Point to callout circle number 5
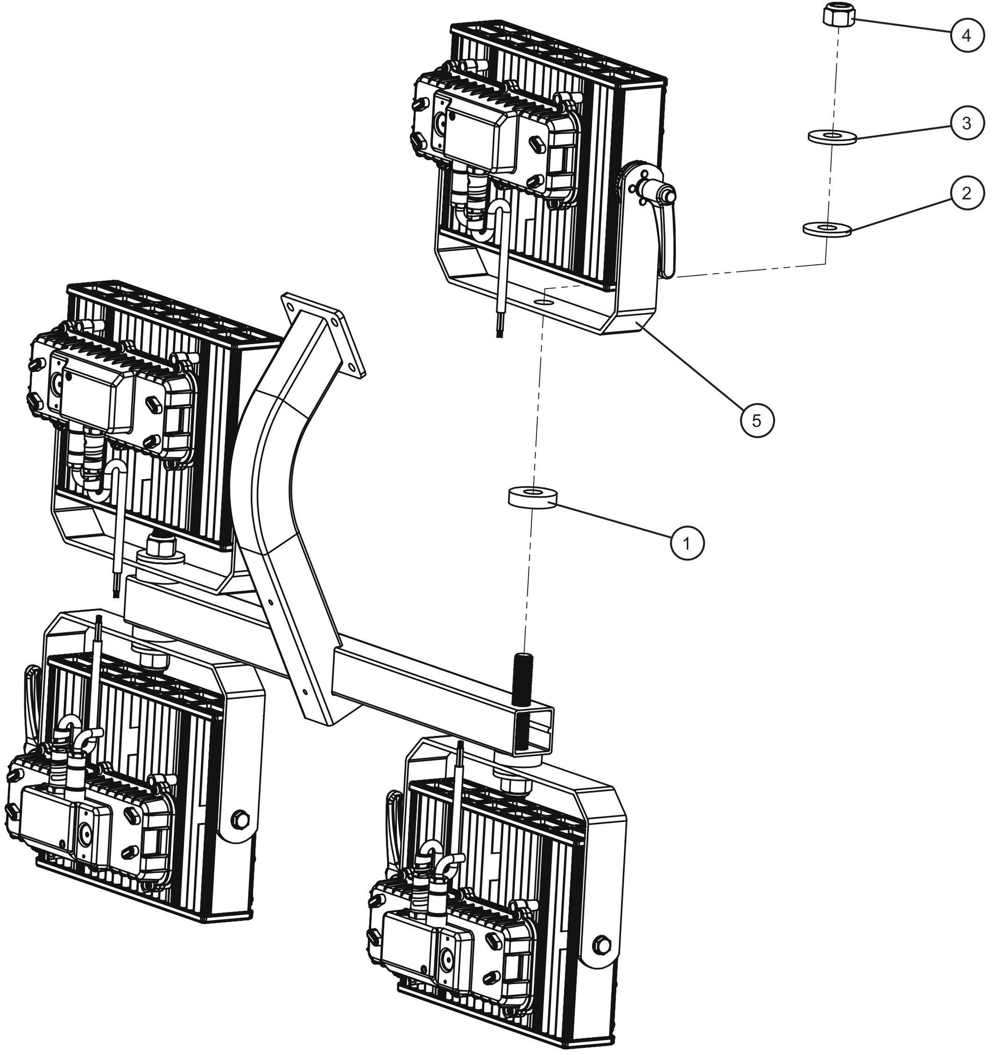pos(757,420)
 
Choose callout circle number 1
pos(687,543)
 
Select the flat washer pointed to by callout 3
pos(831,137)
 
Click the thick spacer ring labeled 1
pos(533,497)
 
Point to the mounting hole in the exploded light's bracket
pos(545,302)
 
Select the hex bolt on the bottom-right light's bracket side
pos(602,945)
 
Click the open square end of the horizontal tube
pos(533,730)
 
